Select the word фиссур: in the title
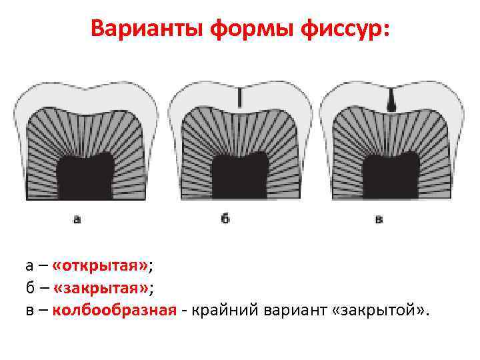[x=347, y=29]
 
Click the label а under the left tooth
[x=77, y=219]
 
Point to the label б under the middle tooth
[x=225, y=219]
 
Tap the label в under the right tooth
[x=379, y=219]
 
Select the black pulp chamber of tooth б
[x=239, y=176]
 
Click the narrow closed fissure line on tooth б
[x=240, y=98]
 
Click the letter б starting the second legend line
[x=30, y=288]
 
